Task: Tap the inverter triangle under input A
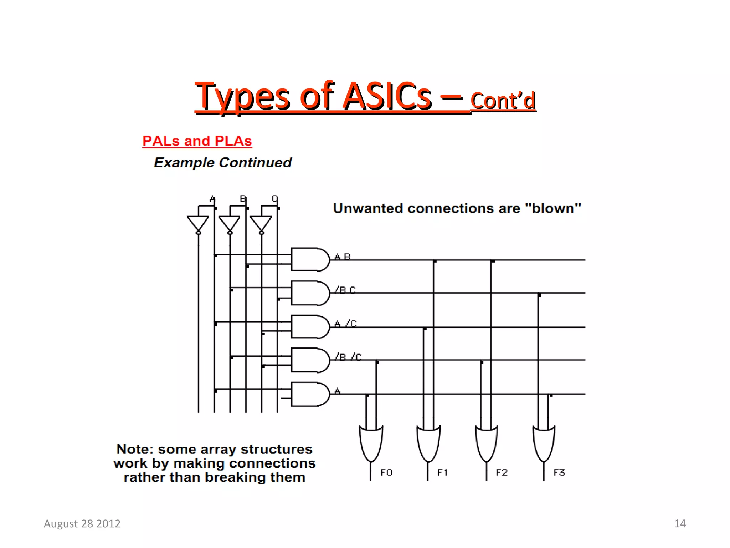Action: pyautogui.click(x=198, y=223)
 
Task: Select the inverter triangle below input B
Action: pyautogui.click(x=230, y=223)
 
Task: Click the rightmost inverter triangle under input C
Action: pyautogui.click(x=261, y=223)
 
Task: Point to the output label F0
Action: pyautogui.click(x=386, y=472)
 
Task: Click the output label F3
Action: pyautogui.click(x=559, y=472)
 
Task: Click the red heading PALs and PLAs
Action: pyautogui.click(x=197, y=141)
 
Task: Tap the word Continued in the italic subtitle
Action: pyautogui.click(x=255, y=163)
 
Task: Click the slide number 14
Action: pyautogui.click(x=680, y=523)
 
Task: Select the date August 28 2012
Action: pyautogui.click(x=82, y=523)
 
